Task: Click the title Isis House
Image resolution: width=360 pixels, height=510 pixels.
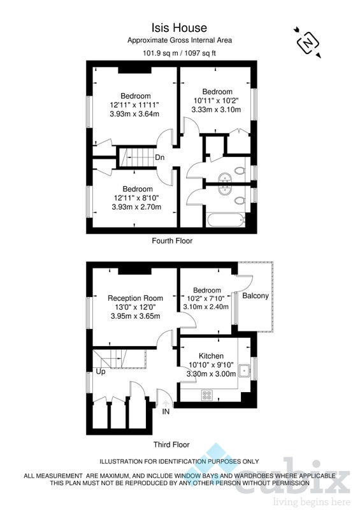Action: (179, 27)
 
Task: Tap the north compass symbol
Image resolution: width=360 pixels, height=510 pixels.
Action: (308, 43)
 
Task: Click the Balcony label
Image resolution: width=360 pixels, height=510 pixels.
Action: (256, 296)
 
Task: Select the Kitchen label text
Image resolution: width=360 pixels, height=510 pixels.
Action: (211, 356)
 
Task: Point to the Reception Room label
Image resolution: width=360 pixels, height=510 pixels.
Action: (135, 298)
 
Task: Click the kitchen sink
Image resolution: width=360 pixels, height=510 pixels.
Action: (244, 370)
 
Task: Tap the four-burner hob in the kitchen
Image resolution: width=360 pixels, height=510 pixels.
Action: (206, 395)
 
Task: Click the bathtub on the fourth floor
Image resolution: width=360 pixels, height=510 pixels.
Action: (225, 220)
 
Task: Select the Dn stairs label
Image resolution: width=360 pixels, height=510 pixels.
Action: (160, 157)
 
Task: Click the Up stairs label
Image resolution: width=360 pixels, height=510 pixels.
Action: (101, 372)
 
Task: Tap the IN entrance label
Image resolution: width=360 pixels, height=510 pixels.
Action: (166, 411)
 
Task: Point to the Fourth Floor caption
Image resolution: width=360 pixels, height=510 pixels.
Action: (172, 241)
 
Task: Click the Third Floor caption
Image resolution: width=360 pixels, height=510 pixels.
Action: (171, 444)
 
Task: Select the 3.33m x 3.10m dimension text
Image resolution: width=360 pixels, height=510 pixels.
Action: (216, 110)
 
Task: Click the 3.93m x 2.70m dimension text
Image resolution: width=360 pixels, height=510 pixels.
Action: (136, 207)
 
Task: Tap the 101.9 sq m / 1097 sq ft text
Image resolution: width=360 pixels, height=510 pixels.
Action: (179, 53)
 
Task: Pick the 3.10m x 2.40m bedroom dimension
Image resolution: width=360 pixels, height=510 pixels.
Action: (206, 307)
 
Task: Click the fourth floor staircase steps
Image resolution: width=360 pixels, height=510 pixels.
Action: (136, 157)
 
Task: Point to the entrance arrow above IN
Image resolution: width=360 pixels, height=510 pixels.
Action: (166, 404)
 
